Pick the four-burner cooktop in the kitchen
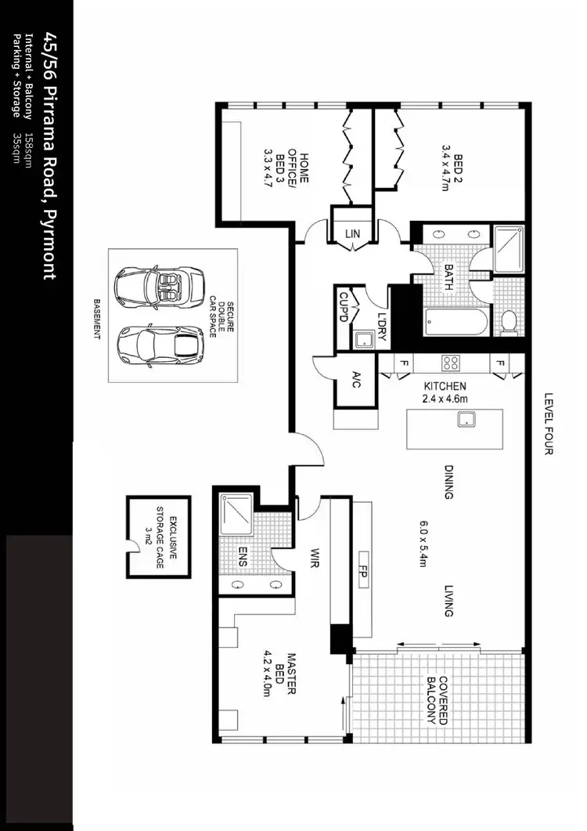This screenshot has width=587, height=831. click(x=452, y=363)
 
